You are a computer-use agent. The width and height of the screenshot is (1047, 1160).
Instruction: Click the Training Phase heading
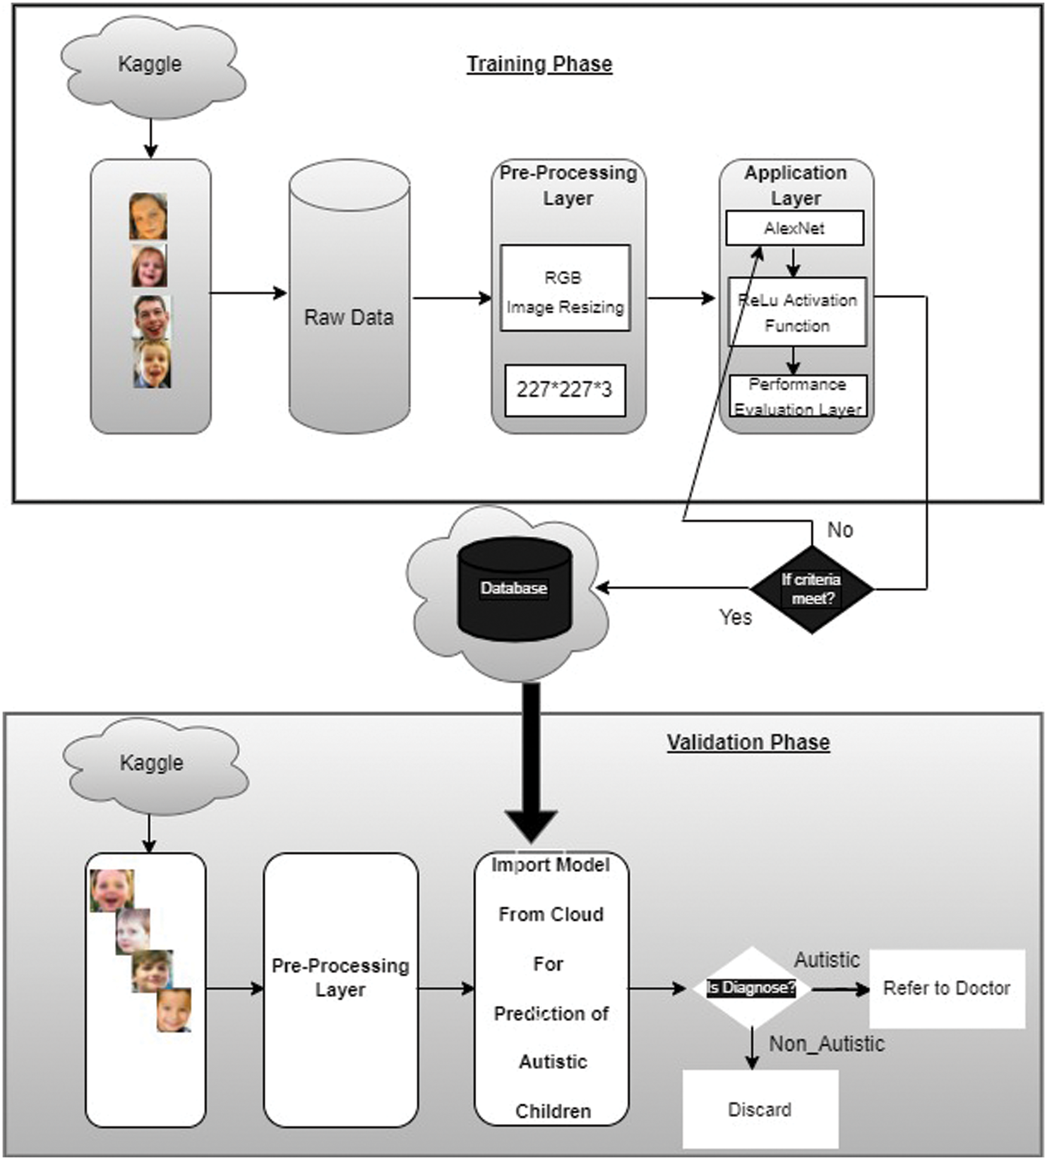[x=539, y=64]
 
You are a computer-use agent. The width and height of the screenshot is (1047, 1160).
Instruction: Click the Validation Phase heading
[x=748, y=742]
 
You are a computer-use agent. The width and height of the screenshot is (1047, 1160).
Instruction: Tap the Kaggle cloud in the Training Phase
[x=150, y=65]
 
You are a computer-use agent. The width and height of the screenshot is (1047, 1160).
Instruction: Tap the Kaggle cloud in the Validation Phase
[x=152, y=763]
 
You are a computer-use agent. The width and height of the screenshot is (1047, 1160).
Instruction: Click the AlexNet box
[x=795, y=228]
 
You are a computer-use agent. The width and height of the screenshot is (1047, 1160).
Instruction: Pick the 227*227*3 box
[x=565, y=390]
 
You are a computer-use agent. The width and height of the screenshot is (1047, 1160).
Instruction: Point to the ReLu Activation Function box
[x=797, y=312]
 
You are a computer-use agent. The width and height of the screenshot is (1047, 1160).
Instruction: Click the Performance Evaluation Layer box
[x=798, y=395]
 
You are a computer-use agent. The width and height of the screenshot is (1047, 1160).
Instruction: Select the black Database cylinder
[x=514, y=589]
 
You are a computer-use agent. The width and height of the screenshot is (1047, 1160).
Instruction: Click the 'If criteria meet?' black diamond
[x=811, y=589]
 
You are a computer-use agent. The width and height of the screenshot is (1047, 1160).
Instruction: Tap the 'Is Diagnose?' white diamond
[x=751, y=988]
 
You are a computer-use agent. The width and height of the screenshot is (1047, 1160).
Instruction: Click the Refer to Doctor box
[x=946, y=988]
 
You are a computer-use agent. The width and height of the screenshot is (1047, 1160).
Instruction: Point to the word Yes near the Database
[x=735, y=617]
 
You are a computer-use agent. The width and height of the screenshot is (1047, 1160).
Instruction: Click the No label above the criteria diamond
[x=840, y=530]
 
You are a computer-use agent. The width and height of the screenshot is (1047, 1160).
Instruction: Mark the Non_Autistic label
[x=827, y=1044]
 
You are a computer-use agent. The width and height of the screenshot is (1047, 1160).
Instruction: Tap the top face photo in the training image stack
[x=148, y=216]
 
